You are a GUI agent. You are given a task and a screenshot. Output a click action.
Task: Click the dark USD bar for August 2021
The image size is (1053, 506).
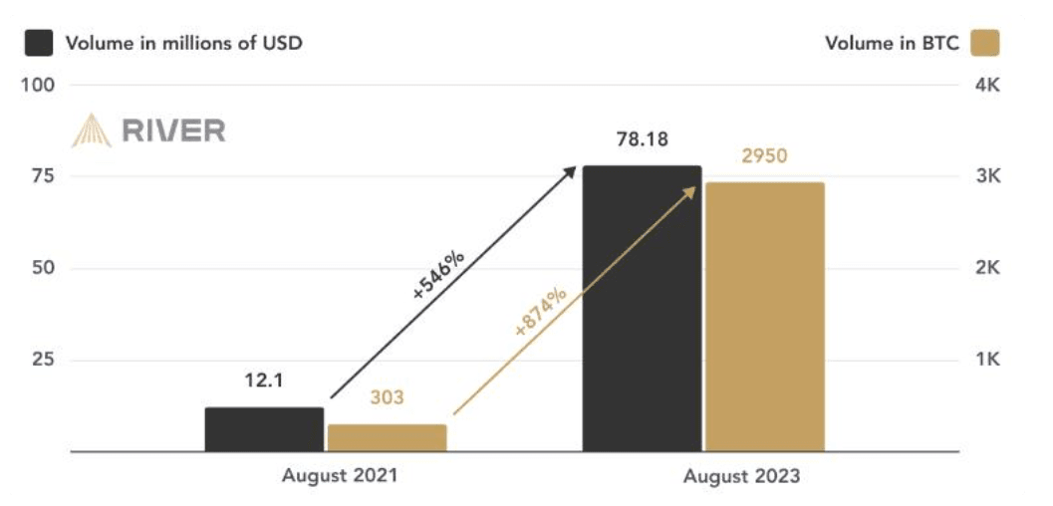(x=265, y=429)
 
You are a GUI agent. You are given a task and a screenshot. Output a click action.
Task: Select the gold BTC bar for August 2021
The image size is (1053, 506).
(x=387, y=438)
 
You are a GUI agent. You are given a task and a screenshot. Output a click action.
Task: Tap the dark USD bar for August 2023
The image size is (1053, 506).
(x=642, y=309)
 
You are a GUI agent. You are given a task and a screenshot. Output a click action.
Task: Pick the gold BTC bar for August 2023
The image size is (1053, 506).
(x=765, y=317)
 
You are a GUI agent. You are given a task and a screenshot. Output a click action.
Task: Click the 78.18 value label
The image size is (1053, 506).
(x=642, y=141)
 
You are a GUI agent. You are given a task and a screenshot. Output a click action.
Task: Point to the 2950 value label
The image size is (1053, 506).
(x=764, y=156)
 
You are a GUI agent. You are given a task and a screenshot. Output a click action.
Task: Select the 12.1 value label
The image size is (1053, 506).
(x=264, y=381)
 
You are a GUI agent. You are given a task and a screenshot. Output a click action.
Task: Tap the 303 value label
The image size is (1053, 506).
(x=387, y=397)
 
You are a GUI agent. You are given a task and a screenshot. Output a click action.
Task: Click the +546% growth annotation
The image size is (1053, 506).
(x=438, y=277)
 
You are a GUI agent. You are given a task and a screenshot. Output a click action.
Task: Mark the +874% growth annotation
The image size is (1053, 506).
(x=540, y=312)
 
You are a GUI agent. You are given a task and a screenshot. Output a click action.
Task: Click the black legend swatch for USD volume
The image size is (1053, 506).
(x=38, y=43)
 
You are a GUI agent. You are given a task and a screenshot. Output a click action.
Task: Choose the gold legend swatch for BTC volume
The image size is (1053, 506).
(x=985, y=43)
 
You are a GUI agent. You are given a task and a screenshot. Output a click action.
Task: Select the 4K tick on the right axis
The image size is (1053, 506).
(x=987, y=86)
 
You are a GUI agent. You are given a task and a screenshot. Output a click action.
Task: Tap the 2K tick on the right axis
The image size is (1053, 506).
(x=987, y=268)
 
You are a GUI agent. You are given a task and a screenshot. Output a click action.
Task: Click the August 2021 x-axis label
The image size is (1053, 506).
(x=340, y=476)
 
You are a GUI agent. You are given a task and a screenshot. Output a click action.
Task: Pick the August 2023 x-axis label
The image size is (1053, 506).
(x=742, y=476)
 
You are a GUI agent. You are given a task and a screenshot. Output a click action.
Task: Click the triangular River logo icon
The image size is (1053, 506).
(x=92, y=130)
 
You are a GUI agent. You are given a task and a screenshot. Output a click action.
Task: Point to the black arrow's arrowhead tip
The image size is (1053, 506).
(x=576, y=166)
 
